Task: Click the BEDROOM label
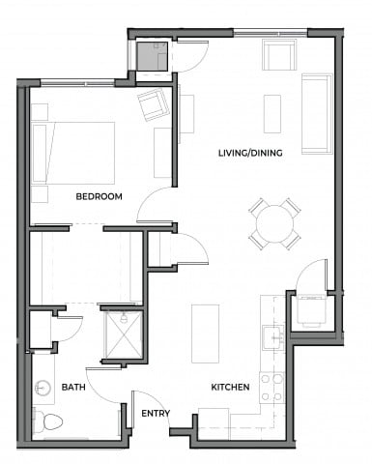[100, 196]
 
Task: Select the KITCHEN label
[231, 387]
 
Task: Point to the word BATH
[73, 387]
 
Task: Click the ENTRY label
[156, 413]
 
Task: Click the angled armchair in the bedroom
[152, 103]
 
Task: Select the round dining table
[274, 224]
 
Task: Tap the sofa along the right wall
[316, 112]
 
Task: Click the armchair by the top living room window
[278, 55]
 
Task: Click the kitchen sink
[272, 337]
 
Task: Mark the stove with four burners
[272, 386]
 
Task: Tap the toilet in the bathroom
[48, 421]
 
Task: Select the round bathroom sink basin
[43, 389]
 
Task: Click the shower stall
[123, 334]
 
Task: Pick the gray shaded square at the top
[152, 58]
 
